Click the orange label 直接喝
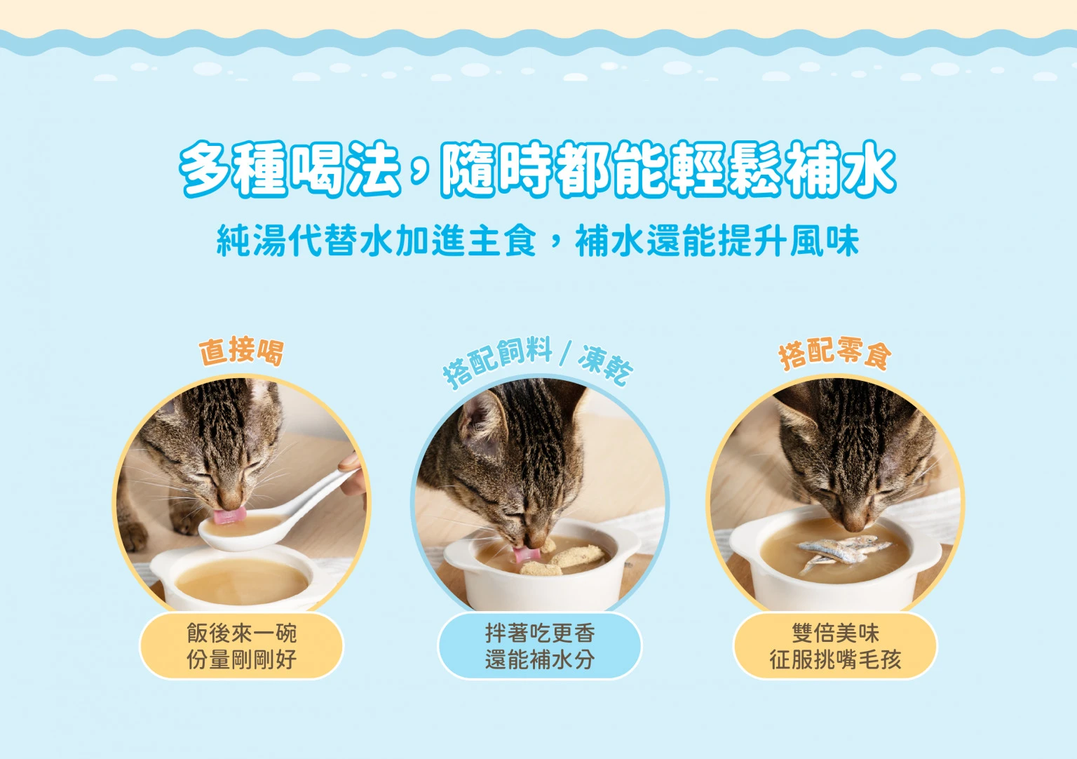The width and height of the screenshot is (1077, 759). (x=241, y=351)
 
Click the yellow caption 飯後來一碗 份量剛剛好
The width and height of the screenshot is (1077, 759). (x=241, y=646)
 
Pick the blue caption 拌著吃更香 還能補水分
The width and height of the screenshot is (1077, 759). (x=539, y=646)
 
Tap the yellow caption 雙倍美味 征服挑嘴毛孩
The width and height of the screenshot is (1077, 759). (x=835, y=646)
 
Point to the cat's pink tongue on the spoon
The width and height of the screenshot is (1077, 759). (x=229, y=516)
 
